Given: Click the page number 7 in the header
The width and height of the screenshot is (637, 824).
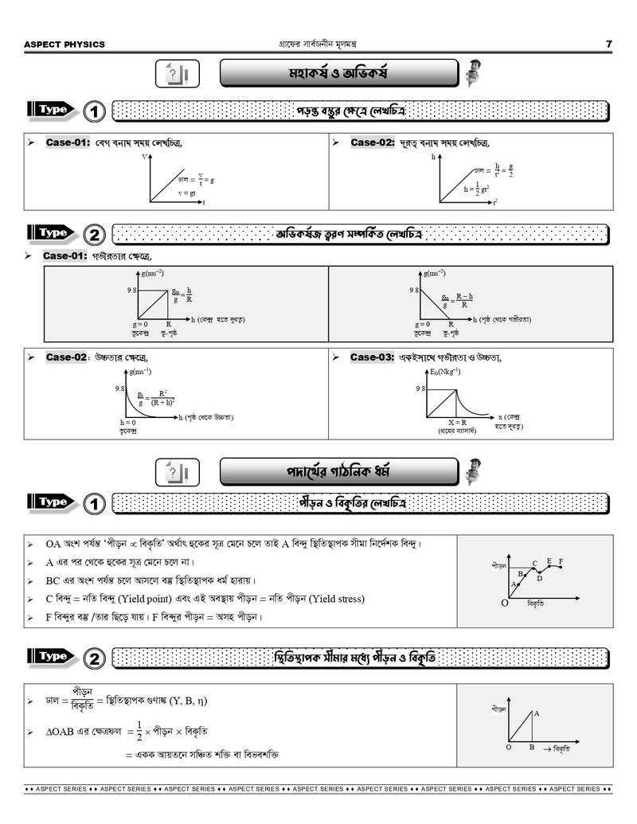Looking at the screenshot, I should [609, 44].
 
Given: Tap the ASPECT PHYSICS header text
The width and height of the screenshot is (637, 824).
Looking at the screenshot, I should [64, 45].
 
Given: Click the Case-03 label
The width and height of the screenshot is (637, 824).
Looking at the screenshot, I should [372, 357].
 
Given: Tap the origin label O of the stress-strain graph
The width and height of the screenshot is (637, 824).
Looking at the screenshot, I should [504, 603].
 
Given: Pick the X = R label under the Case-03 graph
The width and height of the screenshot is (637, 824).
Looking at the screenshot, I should [456, 422].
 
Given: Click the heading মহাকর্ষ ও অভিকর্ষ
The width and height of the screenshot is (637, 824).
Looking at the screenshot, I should [338, 74].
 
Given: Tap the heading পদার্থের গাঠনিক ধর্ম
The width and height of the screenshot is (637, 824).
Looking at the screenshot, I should [338, 471].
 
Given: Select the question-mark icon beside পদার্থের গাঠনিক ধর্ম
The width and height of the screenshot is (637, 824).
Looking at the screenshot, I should [176, 472].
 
